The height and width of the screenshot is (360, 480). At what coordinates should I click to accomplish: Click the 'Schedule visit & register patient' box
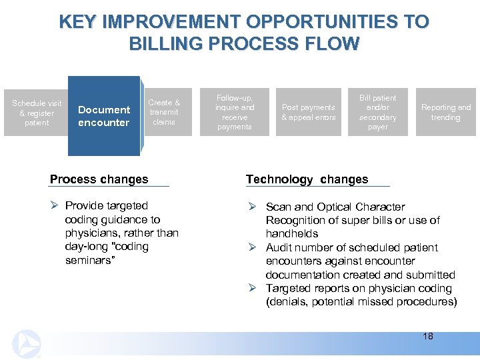point(37,113)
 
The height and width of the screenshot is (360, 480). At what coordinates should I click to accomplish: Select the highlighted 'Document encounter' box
point(103,116)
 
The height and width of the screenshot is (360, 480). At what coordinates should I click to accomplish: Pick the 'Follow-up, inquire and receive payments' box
point(235,112)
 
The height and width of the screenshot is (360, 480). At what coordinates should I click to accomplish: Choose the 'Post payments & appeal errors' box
point(308,112)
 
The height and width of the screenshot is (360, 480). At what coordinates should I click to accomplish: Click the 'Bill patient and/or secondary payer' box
point(377,112)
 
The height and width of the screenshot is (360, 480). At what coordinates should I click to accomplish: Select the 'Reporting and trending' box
point(445,112)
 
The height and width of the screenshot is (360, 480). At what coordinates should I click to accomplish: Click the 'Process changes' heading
point(99,179)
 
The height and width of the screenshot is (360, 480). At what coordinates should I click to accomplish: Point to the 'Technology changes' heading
point(307,179)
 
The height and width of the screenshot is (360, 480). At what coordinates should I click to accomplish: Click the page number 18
point(427,336)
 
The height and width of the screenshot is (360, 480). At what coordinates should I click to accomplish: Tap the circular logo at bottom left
point(27,343)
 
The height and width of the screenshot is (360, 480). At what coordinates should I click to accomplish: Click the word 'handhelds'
point(291,234)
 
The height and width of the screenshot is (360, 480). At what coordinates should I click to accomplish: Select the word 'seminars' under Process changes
point(89,260)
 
